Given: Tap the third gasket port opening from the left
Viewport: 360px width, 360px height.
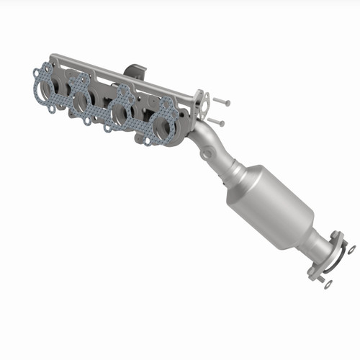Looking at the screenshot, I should pos(122,115).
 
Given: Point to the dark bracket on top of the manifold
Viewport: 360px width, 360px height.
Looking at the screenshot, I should pos(135,72).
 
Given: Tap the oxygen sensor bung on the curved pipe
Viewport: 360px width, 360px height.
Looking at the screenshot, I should pos(208,153).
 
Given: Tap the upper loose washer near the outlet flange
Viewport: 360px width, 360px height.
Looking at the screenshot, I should pos(351,249).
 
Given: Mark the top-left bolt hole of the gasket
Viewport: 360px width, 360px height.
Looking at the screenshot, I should pos(37,72).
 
